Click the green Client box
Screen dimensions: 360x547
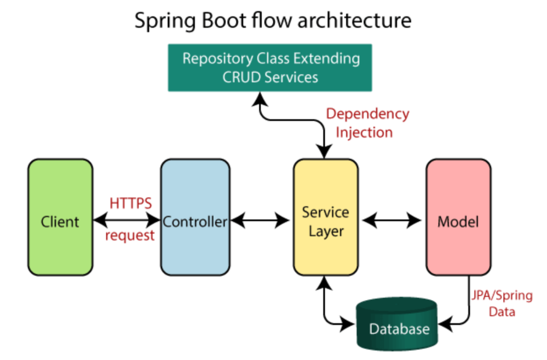pyautogui.click(x=60, y=217)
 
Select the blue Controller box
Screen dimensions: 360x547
pyautogui.click(x=195, y=217)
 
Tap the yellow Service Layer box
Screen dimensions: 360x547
pyautogui.click(x=325, y=217)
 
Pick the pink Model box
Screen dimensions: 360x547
pyautogui.click(x=458, y=217)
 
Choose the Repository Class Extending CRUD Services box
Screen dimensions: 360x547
pyautogui.click(x=270, y=68)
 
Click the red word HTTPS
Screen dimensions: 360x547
pyautogui.click(x=131, y=203)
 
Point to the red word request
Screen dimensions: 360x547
pyautogui.click(x=130, y=235)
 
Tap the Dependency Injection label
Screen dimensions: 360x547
pyautogui.click(x=367, y=123)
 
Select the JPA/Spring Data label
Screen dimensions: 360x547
pyautogui.click(x=502, y=303)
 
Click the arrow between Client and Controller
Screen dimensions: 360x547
pyautogui.click(x=127, y=220)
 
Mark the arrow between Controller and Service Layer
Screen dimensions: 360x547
pyautogui.click(x=260, y=220)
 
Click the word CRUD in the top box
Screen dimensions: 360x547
pyautogui.click(x=239, y=77)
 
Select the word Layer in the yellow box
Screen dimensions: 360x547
pyautogui.click(x=325, y=231)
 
